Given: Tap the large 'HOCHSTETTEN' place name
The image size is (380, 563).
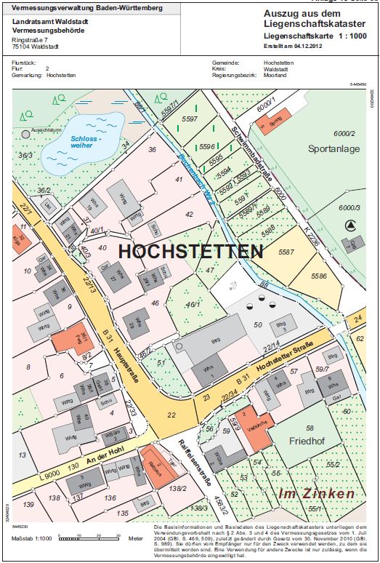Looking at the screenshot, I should click(x=190, y=252).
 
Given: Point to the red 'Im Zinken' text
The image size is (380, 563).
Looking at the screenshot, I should click(x=318, y=493).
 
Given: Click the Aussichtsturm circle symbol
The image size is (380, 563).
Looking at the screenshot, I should click(x=26, y=134).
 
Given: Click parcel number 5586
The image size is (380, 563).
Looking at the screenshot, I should click(x=319, y=277).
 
